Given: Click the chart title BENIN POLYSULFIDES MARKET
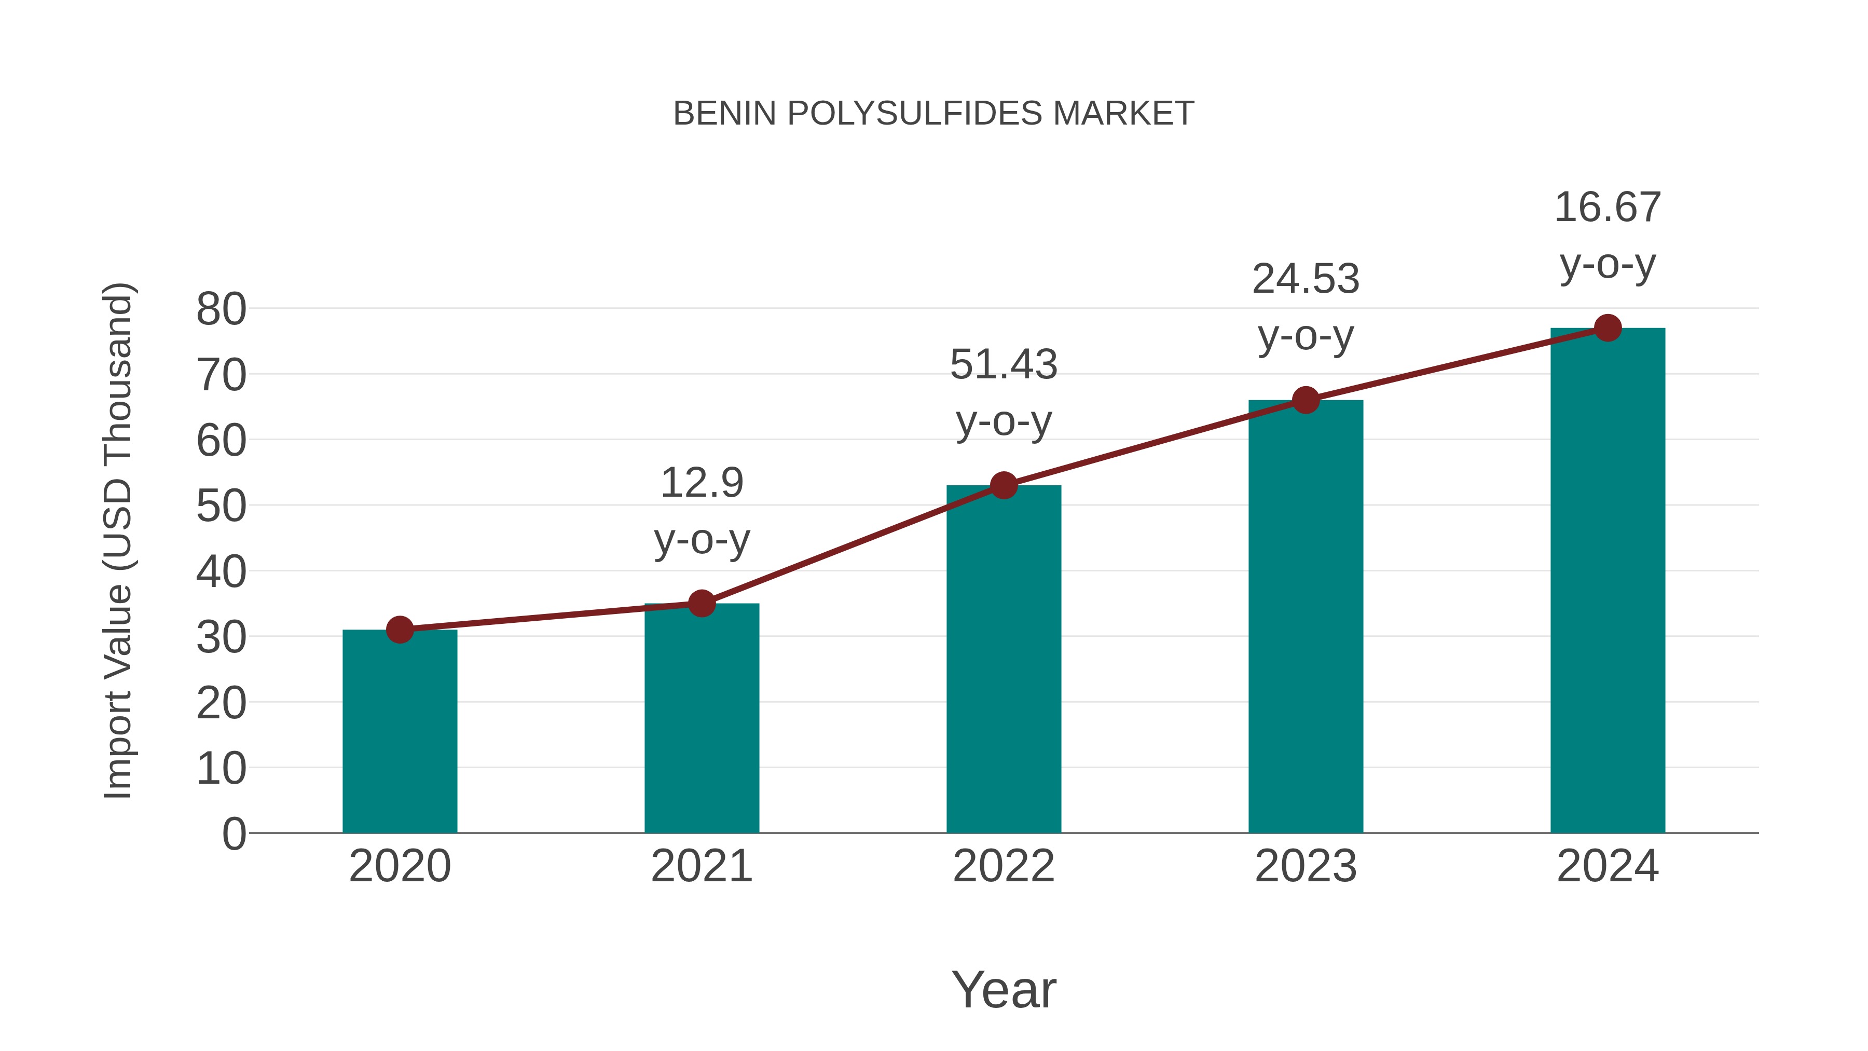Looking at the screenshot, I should (933, 114).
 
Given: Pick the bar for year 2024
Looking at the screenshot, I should (1608, 580).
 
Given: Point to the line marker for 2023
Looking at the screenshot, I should (1306, 400).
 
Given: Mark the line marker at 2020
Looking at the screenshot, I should (400, 630).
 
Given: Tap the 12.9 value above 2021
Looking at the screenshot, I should (701, 483).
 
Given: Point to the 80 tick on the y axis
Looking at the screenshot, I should (221, 310).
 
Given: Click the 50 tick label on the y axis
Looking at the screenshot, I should (221, 506).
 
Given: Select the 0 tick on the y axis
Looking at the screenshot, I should (233, 834).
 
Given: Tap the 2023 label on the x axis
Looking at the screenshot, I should (1306, 866).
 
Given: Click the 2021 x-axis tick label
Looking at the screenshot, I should (701, 866).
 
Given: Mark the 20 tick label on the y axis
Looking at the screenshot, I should (221, 703).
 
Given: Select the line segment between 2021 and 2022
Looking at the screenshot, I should (853, 544).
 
